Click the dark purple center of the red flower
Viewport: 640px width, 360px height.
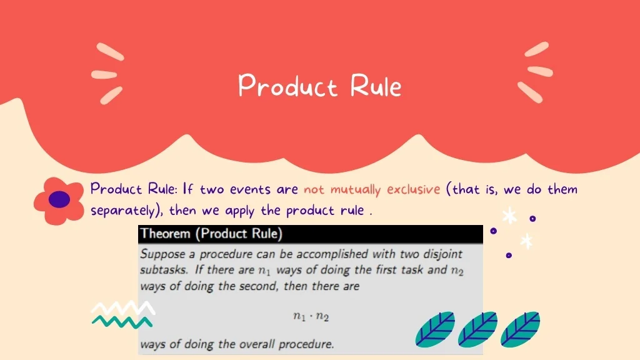pos(59,199)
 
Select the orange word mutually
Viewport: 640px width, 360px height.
pos(355,189)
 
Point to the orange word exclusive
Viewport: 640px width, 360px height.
pos(414,189)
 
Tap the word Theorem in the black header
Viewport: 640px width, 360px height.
pos(165,234)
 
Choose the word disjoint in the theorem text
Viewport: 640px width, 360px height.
pos(443,254)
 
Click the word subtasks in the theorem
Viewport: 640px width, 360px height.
pos(164,270)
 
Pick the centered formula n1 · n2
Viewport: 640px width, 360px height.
pos(311,316)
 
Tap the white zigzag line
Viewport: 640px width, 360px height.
pos(123,307)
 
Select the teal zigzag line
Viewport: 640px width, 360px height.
pos(122,322)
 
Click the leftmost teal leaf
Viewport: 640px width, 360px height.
pos(435,329)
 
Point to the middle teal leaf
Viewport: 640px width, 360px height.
pos(477,329)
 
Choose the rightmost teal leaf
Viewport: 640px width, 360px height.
pos(520,329)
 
